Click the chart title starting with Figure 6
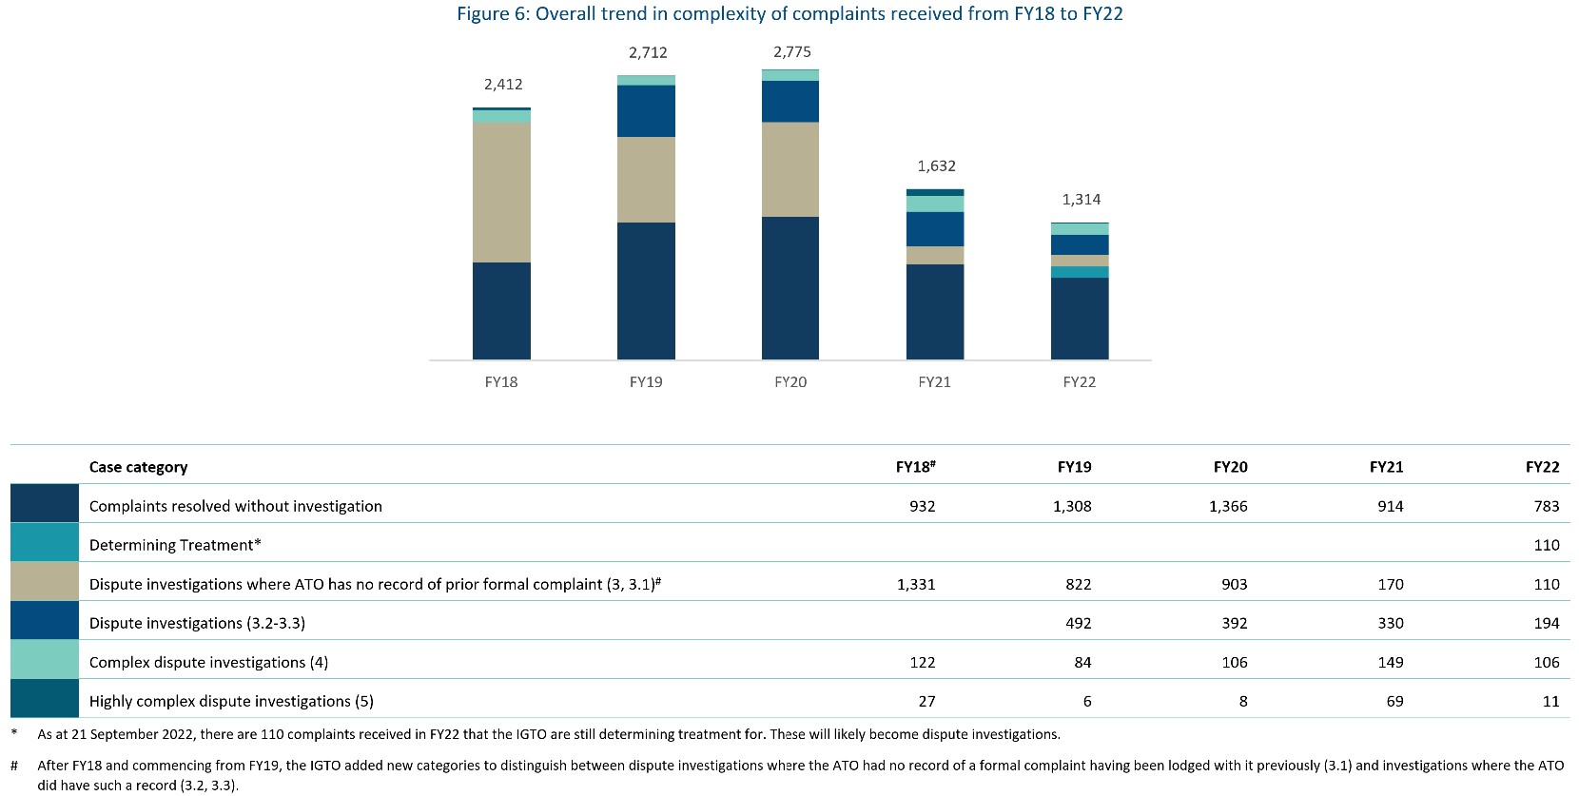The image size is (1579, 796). pos(789,14)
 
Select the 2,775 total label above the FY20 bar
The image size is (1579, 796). pos(792,52)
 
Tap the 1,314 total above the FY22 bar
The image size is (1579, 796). pos(1082,200)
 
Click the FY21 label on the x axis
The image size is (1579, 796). pos(934,382)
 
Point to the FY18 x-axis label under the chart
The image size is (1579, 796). pos(501,382)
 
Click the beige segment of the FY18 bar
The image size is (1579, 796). pos(501,192)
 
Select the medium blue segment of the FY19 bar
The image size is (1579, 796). pos(646,111)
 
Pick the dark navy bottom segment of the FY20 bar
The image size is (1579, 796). pos(790,288)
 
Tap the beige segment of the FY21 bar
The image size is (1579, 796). pos(935,255)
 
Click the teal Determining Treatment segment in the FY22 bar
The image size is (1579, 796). pos(1080,272)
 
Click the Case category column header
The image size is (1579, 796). pos(138,467)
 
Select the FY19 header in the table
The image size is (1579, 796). pos(1074,467)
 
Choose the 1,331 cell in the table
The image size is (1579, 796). pos(916,584)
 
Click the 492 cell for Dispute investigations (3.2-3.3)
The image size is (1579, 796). pos(1078,623)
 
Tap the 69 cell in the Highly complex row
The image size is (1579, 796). pos(1391,701)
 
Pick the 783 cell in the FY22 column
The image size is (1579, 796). pos(1547,506)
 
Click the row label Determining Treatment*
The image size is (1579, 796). pos(175,545)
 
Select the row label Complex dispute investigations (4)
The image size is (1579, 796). pos(208,662)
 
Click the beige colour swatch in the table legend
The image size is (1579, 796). pos(45,581)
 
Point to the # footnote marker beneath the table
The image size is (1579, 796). pos(14,765)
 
